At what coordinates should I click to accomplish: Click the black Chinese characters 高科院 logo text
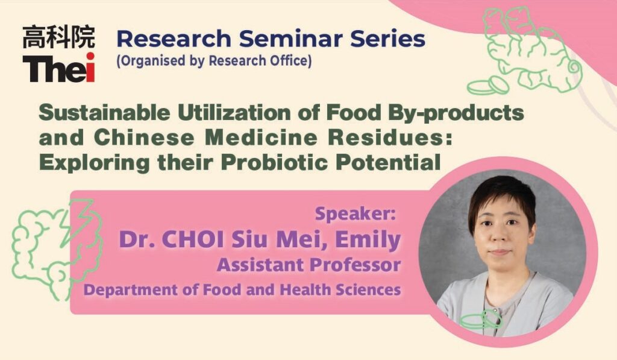(58, 37)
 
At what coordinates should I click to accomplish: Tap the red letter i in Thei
(90, 67)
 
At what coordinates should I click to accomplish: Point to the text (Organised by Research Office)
(214, 61)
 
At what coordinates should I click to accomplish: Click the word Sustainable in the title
(104, 113)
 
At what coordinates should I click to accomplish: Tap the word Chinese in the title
(144, 137)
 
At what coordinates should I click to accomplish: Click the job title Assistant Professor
(309, 265)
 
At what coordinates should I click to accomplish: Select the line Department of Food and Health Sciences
(242, 290)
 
